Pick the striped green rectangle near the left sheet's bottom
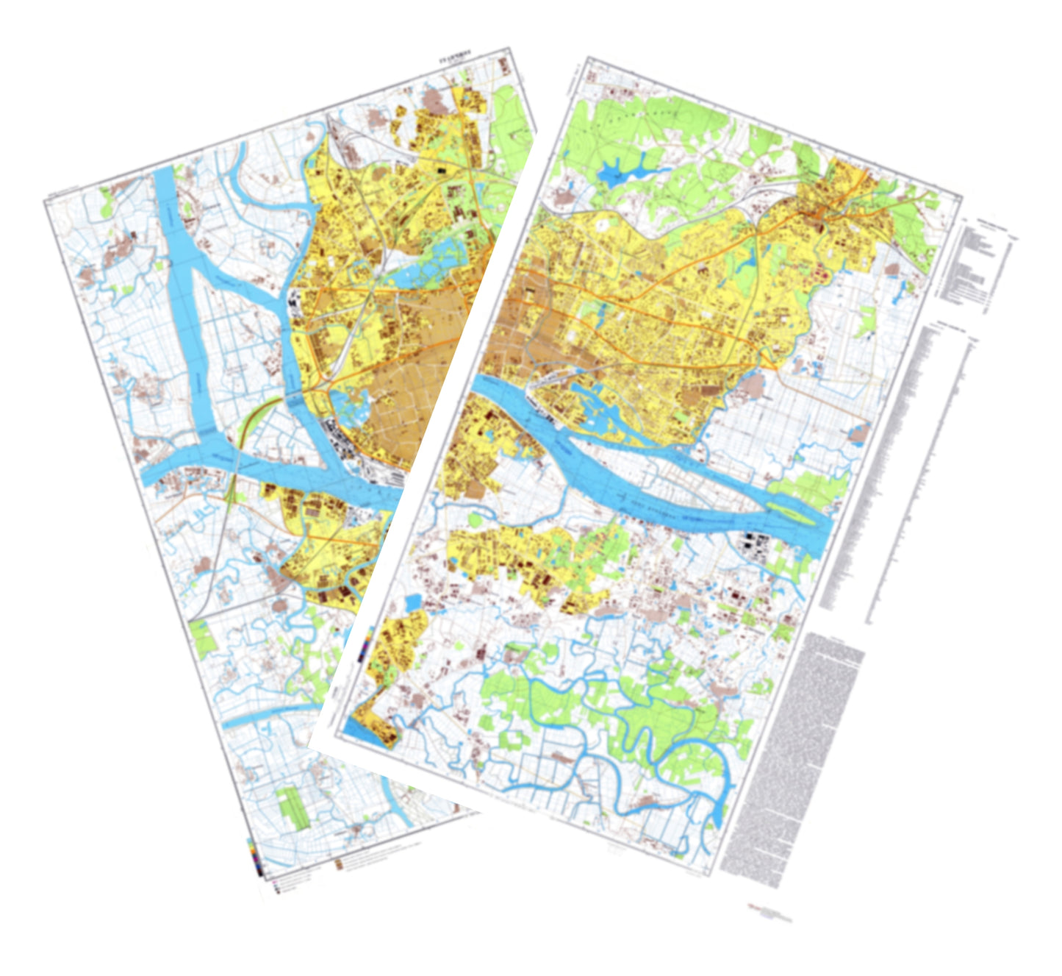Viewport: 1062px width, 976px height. click(291, 808)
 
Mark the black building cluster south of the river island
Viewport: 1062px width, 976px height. click(753, 544)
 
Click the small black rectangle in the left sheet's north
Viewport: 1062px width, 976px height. click(441, 170)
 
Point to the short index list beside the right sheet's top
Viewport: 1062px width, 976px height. click(977, 261)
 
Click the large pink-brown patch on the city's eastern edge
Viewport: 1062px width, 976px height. click(750, 385)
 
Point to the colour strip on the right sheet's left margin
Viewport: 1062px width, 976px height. click(365, 651)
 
